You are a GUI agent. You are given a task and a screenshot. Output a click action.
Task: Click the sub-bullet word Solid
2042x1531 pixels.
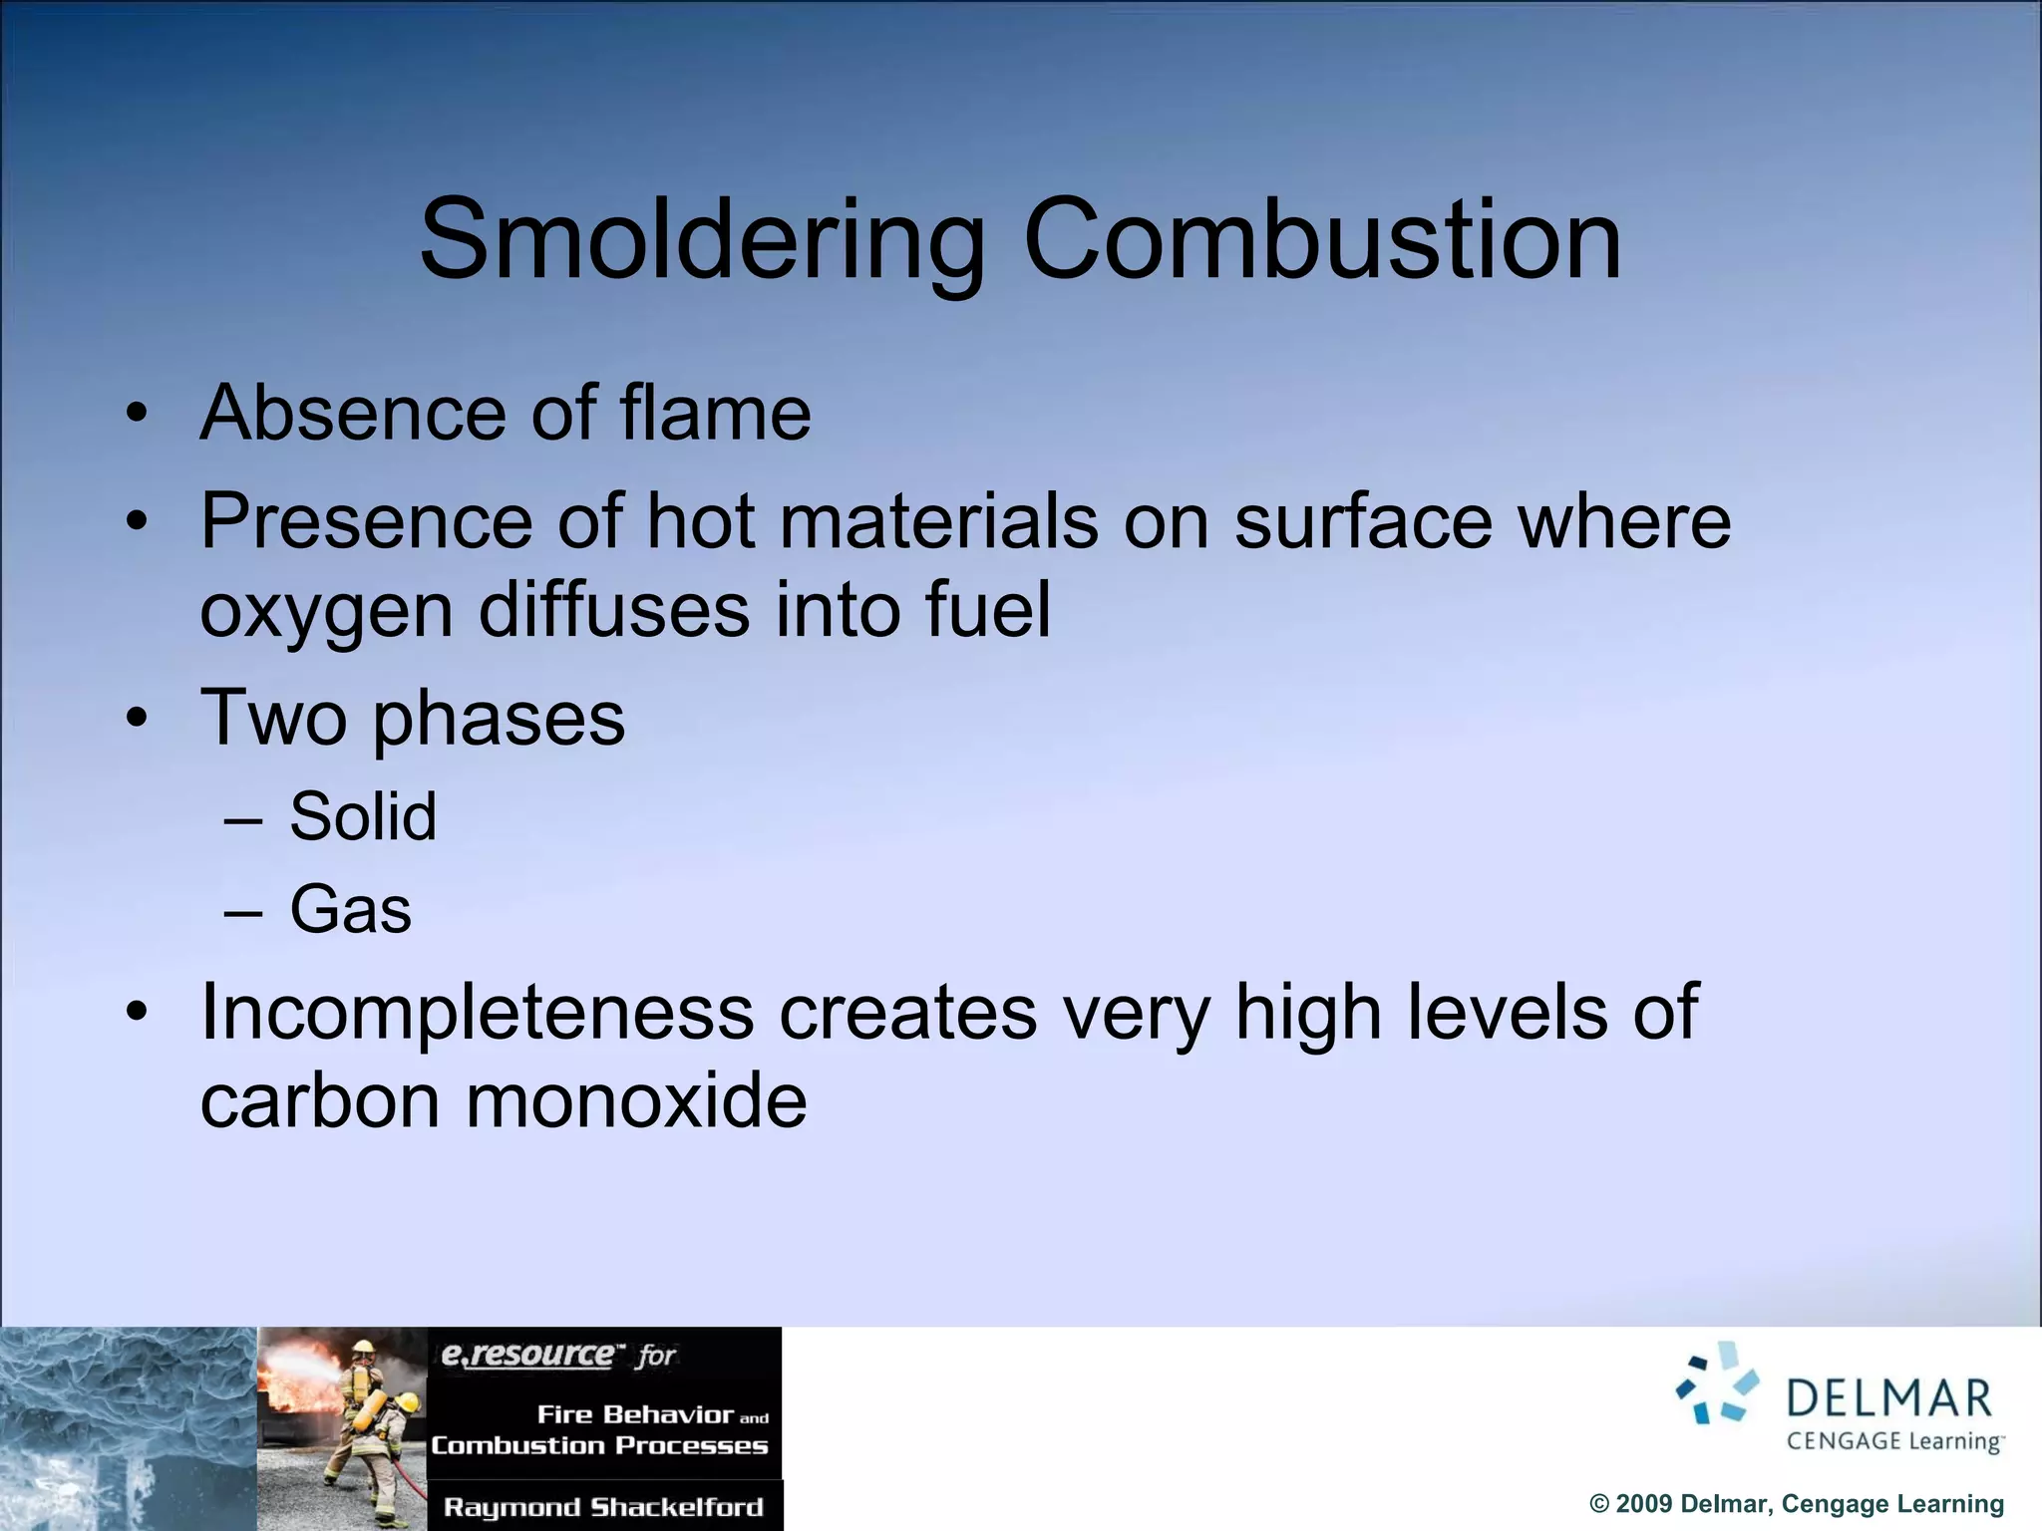(x=363, y=816)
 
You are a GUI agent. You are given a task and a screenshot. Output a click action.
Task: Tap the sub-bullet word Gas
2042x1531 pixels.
(x=350, y=909)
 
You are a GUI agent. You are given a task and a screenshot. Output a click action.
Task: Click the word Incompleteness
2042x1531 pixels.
(x=478, y=1012)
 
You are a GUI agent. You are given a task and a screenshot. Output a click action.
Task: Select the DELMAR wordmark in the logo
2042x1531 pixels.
(x=1888, y=1397)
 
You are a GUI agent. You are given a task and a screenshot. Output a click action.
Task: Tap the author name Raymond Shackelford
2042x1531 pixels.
(x=603, y=1506)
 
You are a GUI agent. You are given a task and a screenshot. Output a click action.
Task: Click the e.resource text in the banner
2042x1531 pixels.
(x=527, y=1355)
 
